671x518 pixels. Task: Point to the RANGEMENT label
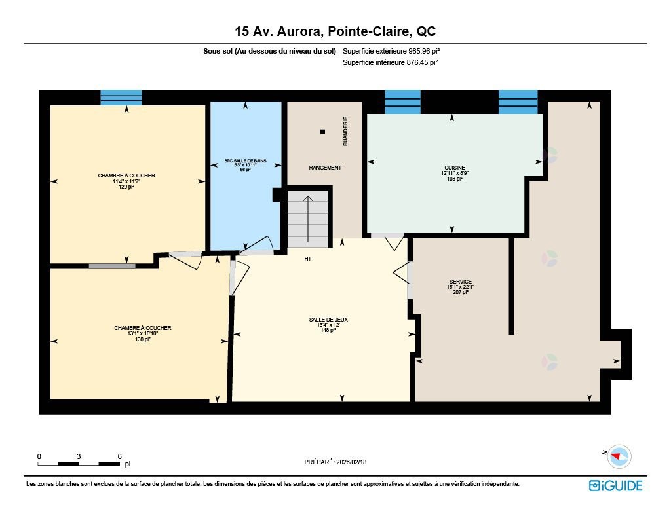pos(325,168)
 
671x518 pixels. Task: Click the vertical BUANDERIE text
pos(345,131)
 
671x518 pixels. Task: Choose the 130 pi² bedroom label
pos(143,333)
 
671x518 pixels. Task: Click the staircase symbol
pos(308,219)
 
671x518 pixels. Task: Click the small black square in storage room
pos(322,132)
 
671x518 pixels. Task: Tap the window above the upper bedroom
pos(121,98)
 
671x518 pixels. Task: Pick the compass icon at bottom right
pos(617,456)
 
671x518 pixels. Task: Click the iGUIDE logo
pos(615,485)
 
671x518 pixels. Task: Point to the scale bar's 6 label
pos(119,456)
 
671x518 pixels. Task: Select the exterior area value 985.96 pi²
pos(427,51)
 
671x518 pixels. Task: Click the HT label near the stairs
pos(307,259)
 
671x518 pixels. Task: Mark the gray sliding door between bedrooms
pos(112,266)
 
